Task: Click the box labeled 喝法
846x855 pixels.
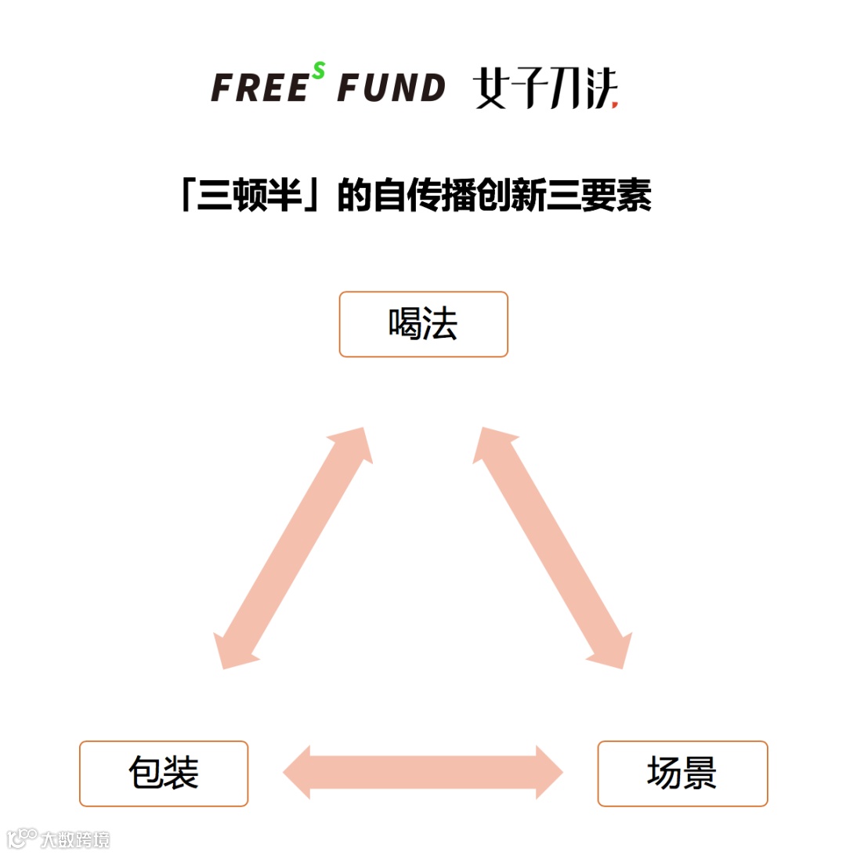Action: coord(423,324)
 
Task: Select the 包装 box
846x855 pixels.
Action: coord(164,773)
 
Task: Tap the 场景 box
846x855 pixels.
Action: coord(682,773)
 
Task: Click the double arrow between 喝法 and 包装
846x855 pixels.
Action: coord(294,548)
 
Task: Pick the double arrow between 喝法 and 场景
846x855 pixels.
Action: coord(552,548)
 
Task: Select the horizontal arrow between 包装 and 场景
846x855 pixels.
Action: coord(423,773)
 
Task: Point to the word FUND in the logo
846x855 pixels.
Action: coord(391,88)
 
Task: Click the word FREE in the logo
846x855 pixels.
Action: coord(259,88)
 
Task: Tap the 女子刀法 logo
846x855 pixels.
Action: coord(545,90)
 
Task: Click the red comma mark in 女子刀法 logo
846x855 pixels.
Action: coord(615,103)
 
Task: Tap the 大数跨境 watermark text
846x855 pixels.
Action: coord(75,839)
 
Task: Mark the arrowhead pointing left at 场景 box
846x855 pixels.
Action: coord(548,773)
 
